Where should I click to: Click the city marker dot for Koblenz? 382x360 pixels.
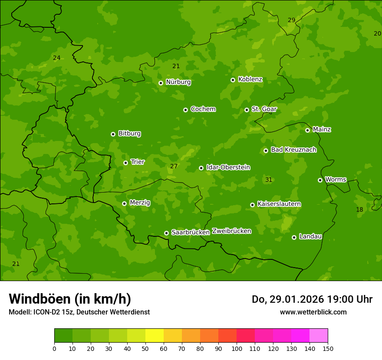[x=233, y=80]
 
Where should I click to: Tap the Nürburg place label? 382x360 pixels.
[x=178, y=82]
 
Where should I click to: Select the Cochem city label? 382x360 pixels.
[x=203, y=109]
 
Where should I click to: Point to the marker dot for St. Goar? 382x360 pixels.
[x=247, y=110]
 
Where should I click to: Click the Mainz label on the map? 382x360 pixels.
[x=322, y=129]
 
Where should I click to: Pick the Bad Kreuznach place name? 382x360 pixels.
[x=293, y=150]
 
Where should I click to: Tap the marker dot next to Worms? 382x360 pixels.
[x=320, y=180]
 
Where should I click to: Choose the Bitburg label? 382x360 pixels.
[x=129, y=134]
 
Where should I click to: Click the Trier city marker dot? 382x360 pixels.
[x=125, y=163]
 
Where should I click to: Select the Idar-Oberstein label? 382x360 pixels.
[x=228, y=167]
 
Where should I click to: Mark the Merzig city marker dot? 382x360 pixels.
[x=124, y=203]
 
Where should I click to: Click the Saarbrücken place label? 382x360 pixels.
[x=190, y=232]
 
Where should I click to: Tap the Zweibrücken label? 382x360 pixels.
[x=231, y=231]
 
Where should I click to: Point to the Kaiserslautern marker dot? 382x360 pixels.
[x=252, y=205]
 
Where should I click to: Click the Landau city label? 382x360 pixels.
[x=310, y=236]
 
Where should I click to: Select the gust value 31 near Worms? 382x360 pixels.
[x=269, y=180]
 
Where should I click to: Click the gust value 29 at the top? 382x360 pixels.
[x=292, y=20]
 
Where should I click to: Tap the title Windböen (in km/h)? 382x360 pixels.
[x=70, y=299]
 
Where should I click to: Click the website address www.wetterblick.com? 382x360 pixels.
[x=313, y=312]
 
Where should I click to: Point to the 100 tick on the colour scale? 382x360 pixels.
[x=237, y=348]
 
